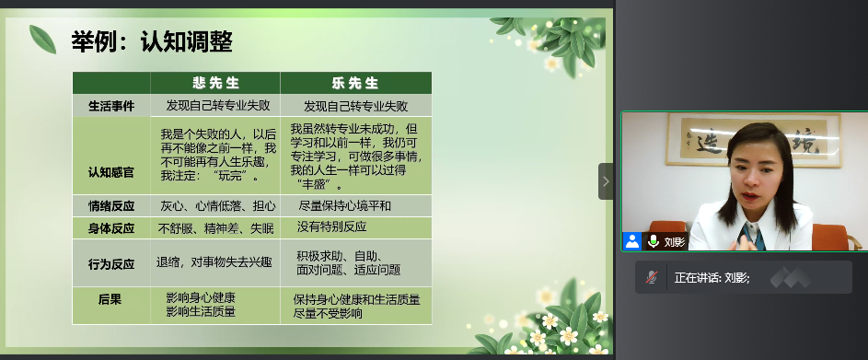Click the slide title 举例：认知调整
pyautogui.click(x=152, y=42)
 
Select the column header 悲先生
pyautogui.click(x=216, y=83)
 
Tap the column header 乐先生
pyautogui.click(x=355, y=83)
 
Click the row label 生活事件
pyautogui.click(x=111, y=106)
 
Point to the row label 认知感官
pyautogui.click(x=111, y=172)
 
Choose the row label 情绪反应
pyautogui.click(x=111, y=206)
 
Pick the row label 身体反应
pyautogui.click(x=111, y=228)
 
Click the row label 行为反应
pyautogui.click(x=111, y=264)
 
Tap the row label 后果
pyautogui.click(x=110, y=299)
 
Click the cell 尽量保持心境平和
pyautogui.click(x=344, y=206)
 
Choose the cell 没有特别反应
pyautogui.click(x=331, y=226)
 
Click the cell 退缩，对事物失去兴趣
pyautogui.click(x=214, y=262)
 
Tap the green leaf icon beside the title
pyautogui.click(x=42, y=40)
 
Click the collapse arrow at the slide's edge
pyautogui.click(x=606, y=181)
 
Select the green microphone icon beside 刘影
pyautogui.click(x=654, y=241)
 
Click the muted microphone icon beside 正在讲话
pyautogui.click(x=652, y=277)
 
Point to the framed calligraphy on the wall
pyautogui.click(x=754, y=140)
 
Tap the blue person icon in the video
pyautogui.click(x=632, y=241)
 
